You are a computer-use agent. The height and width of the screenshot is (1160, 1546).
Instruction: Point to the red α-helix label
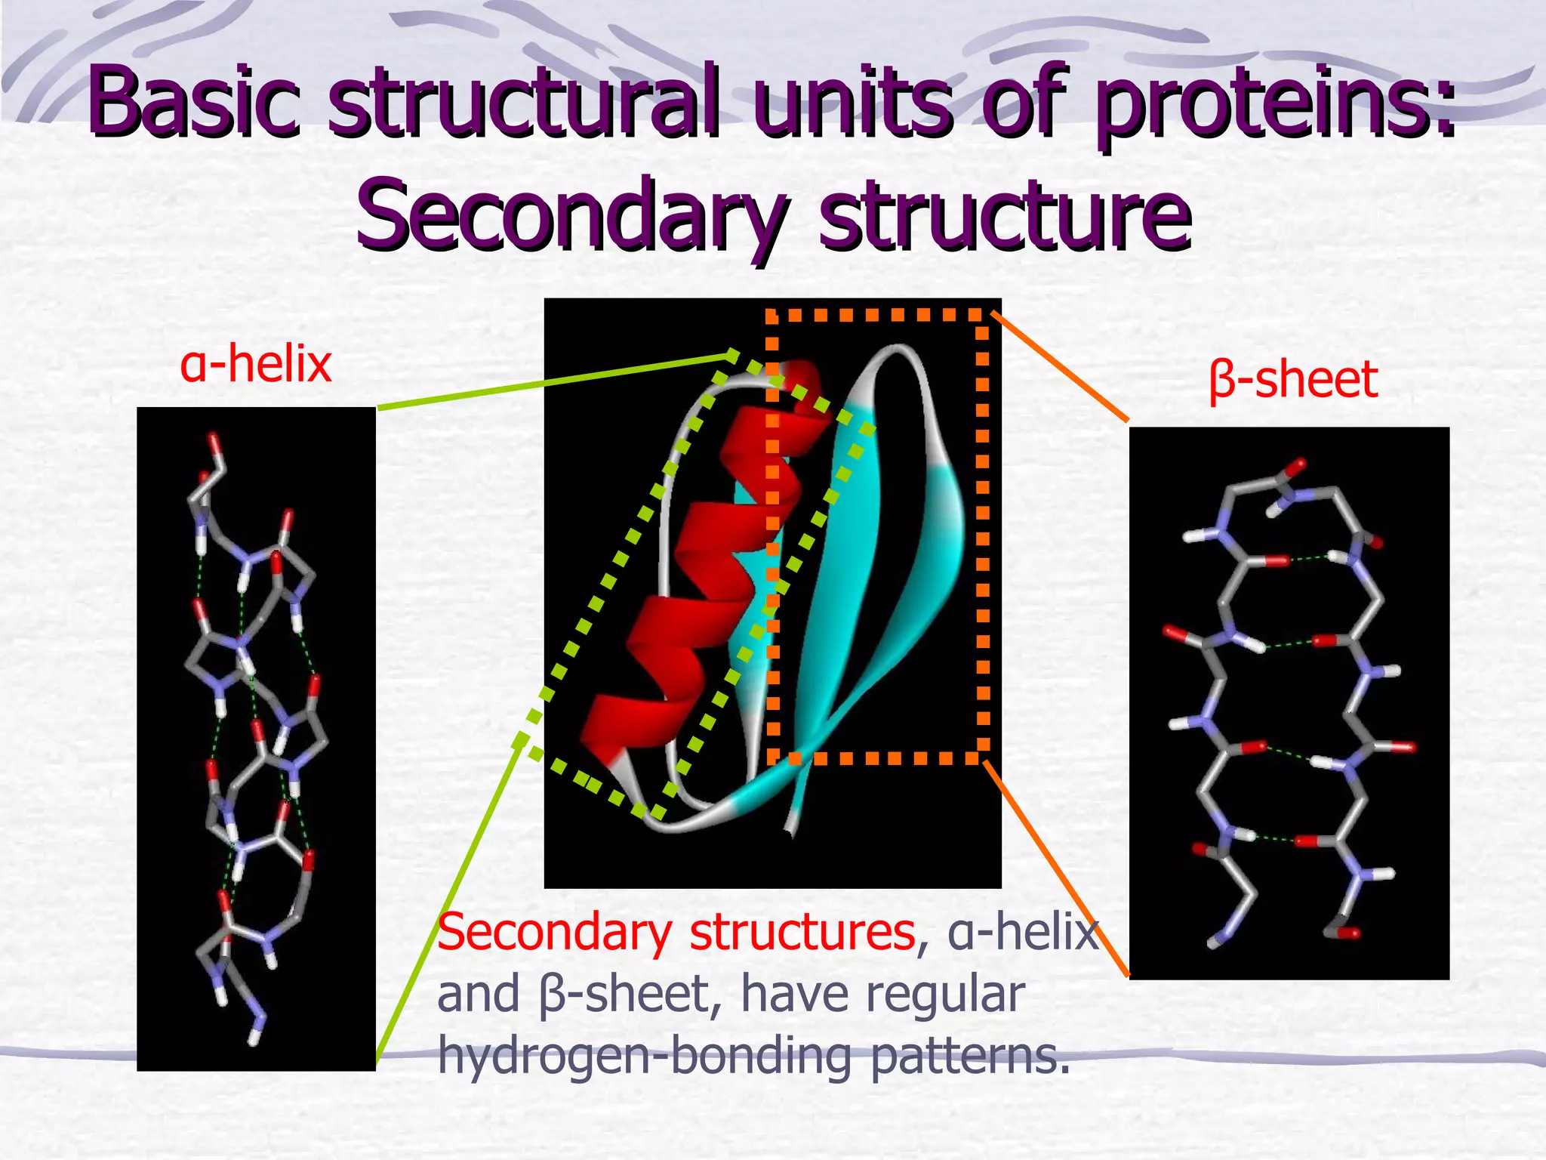pyautogui.click(x=256, y=364)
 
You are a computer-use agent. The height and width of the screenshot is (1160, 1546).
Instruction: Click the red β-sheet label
pyautogui.click(x=1293, y=379)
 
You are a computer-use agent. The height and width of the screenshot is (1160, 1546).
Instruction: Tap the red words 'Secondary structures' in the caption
pyautogui.click(x=676, y=932)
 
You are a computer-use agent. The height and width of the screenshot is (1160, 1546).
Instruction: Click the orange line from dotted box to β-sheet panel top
pyautogui.click(x=1061, y=366)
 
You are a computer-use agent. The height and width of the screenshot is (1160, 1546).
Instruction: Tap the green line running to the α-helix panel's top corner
pyautogui.click(x=551, y=381)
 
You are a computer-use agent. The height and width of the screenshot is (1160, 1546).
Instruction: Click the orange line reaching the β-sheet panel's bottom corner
pyautogui.click(x=1057, y=868)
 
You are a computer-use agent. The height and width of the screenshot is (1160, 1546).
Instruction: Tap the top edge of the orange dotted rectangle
pyautogui.click(x=876, y=315)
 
